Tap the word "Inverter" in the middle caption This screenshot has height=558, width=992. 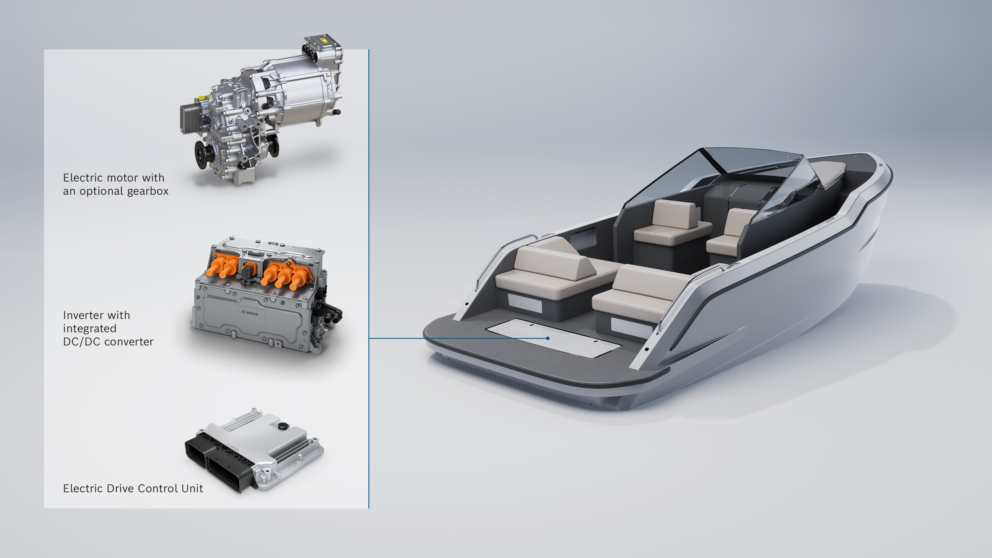[82, 315]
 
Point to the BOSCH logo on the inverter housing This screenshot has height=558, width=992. [250, 313]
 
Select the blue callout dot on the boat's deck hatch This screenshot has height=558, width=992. [548, 339]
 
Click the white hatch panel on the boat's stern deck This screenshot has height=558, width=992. [553, 338]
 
